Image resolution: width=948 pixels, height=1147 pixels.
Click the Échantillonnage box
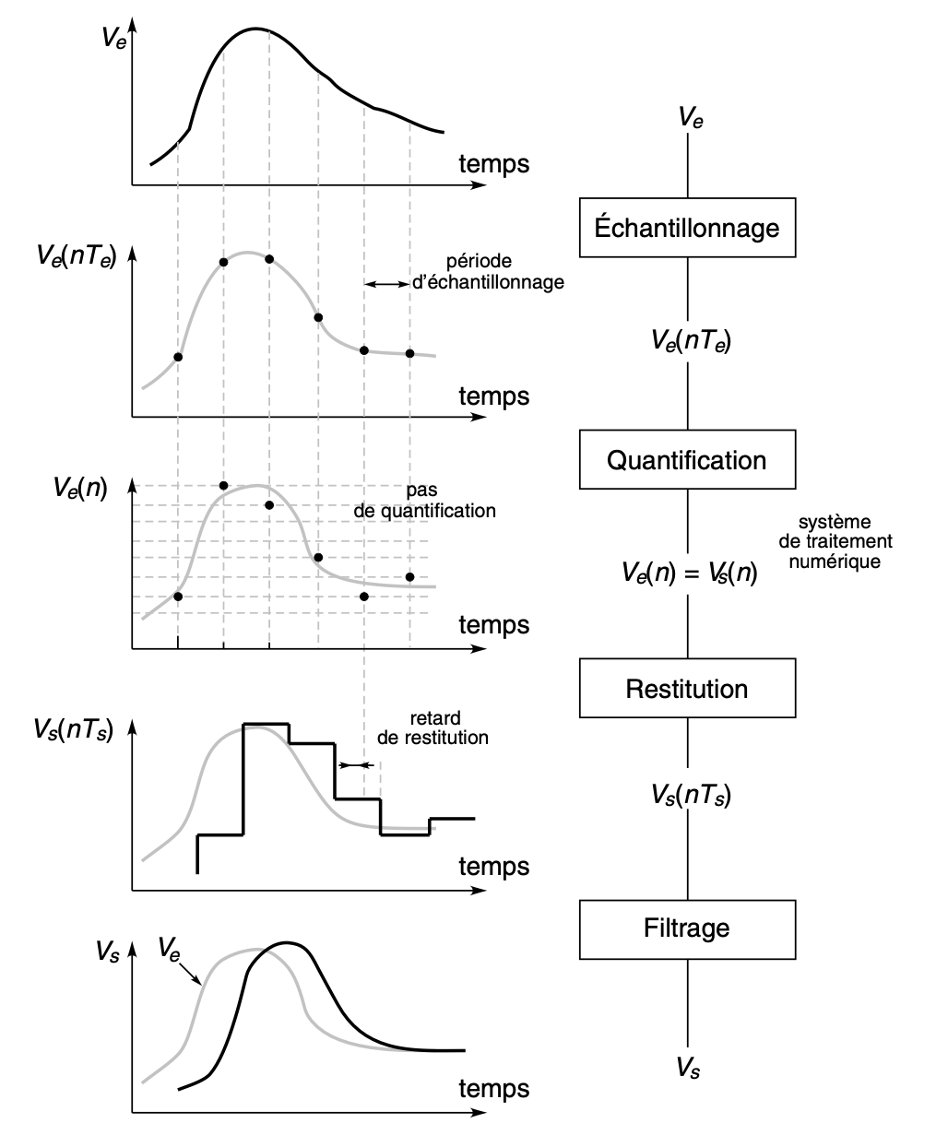687,228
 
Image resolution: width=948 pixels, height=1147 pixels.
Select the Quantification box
687,459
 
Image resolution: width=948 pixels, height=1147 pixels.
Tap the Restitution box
687,688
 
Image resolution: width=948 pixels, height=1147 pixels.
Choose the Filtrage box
687,929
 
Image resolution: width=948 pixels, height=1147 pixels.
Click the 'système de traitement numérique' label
835,541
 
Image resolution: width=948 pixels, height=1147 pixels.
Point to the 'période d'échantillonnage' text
488,271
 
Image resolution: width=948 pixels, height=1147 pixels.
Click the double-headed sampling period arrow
387,284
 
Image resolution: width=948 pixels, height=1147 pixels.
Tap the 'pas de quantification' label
424,501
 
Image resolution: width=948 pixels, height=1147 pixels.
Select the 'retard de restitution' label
433,727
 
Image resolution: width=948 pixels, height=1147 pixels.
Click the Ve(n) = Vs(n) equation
689,573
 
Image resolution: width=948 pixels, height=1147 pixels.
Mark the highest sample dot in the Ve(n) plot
223,486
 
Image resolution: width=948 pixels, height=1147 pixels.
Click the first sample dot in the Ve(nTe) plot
177,357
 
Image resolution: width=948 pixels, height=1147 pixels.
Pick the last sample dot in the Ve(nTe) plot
409,353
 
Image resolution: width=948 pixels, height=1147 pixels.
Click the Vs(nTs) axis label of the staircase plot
74,730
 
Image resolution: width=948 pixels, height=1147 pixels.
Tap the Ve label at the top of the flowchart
691,117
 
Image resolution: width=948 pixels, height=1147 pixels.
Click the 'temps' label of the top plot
494,164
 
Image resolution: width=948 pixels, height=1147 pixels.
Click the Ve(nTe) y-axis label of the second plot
77,256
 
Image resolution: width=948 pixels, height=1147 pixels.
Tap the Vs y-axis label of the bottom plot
107,951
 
